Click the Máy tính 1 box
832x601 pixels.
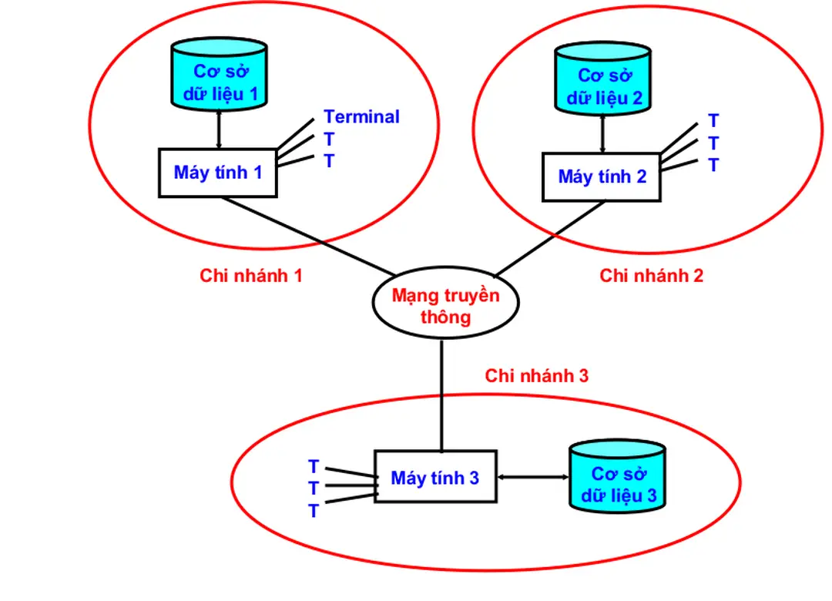click(218, 173)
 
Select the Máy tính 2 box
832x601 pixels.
click(601, 176)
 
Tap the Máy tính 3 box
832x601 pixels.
click(435, 478)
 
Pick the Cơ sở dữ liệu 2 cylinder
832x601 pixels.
click(603, 79)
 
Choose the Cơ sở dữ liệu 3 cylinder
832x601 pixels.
click(618, 478)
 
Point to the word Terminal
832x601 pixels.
click(361, 117)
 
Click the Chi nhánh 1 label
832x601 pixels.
click(251, 276)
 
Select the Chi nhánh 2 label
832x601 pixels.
click(651, 276)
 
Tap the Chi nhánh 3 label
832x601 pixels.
click(536, 375)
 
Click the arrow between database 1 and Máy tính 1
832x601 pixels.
click(219, 129)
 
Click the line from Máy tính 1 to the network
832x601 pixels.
click(308, 236)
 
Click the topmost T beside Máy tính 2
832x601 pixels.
click(713, 121)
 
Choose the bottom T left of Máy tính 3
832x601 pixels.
click(314, 511)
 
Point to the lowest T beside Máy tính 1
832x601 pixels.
click(330, 162)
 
